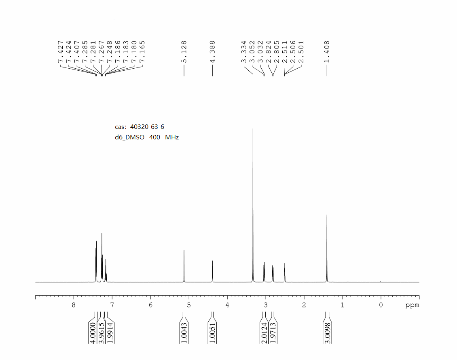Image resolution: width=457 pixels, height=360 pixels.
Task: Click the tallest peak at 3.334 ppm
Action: tap(253, 204)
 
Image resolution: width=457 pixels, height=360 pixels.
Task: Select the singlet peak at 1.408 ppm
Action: tap(327, 248)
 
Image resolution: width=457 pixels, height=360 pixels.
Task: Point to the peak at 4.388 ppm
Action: tap(212, 271)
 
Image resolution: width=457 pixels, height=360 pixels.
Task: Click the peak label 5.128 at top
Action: tap(184, 52)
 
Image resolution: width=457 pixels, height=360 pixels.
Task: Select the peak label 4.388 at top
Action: tap(212, 52)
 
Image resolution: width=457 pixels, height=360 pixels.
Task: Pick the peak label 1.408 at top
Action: tap(327, 52)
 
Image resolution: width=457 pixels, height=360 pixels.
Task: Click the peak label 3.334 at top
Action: tap(244, 52)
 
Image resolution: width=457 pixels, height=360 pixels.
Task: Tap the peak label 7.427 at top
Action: tap(61, 52)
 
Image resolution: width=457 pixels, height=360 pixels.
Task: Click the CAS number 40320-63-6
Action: tap(147, 127)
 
